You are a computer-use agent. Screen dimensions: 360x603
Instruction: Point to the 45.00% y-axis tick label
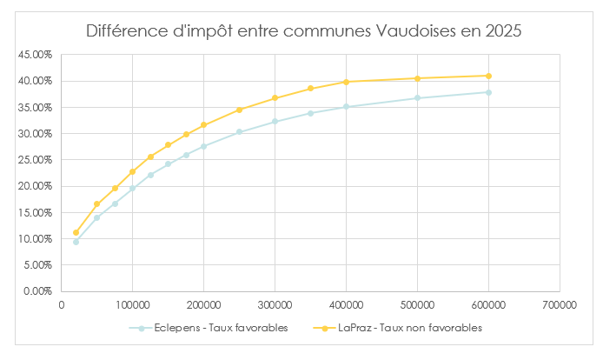pyautogui.click(x=36, y=55)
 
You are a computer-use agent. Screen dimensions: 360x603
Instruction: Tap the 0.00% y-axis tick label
pyautogui.click(x=38, y=291)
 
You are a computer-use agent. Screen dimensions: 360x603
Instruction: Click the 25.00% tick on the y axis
pyautogui.click(x=36, y=160)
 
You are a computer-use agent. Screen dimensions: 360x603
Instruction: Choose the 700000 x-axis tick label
pyautogui.click(x=560, y=305)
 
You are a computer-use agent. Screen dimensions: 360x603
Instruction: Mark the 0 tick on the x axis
pyautogui.click(x=62, y=305)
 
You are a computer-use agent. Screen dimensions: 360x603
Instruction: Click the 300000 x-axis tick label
pyautogui.click(x=275, y=305)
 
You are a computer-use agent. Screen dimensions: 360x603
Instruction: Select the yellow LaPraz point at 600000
pyautogui.click(x=488, y=76)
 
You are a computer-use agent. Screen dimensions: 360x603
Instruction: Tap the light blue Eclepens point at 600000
pyautogui.click(x=488, y=92)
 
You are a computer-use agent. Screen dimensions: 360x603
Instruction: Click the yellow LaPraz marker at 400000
pyautogui.click(x=346, y=82)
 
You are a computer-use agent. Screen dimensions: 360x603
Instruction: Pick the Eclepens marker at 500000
pyautogui.click(x=417, y=97)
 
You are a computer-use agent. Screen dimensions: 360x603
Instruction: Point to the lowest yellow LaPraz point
pyautogui.click(x=76, y=232)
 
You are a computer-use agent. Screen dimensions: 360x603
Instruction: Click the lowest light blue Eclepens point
pyautogui.click(x=76, y=242)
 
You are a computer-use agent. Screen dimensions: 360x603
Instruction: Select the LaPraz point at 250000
pyautogui.click(x=239, y=110)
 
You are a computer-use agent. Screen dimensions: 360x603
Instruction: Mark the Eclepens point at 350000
pyautogui.click(x=310, y=113)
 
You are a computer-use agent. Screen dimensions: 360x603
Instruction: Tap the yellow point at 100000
pyautogui.click(x=132, y=171)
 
